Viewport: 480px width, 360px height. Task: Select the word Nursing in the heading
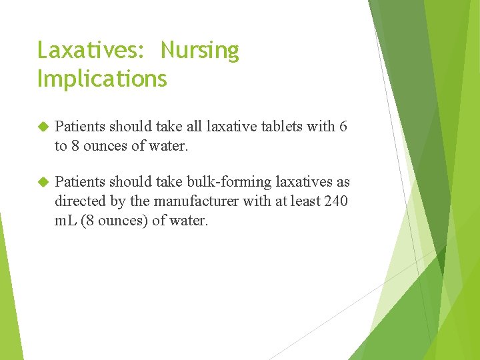pyautogui.click(x=199, y=51)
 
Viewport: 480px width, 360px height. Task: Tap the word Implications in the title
pyautogui.click(x=102, y=79)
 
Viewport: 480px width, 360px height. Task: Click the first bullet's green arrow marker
pyautogui.click(x=43, y=127)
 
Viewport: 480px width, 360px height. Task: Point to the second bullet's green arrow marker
pyautogui.click(x=43, y=182)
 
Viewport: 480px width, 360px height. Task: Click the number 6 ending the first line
pyautogui.click(x=343, y=127)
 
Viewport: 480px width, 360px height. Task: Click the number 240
pyautogui.click(x=335, y=201)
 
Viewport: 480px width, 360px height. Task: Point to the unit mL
pyautogui.click(x=65, y=221)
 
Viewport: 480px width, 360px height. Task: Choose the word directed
pyautogui.click(x=80, y=201)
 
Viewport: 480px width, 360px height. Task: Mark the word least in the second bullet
pyautogui.click(x=303, y=201)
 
